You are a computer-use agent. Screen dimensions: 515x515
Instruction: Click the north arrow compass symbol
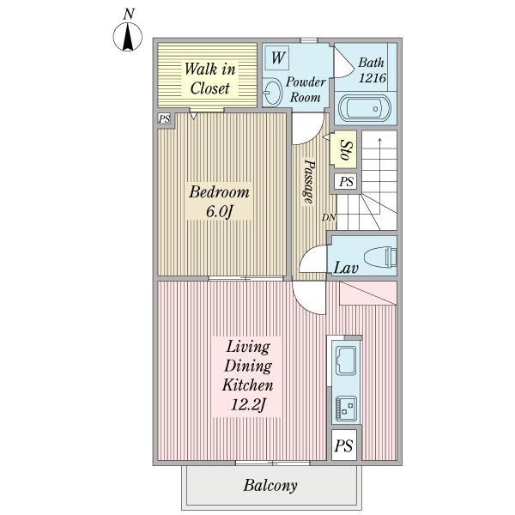pos(128,36)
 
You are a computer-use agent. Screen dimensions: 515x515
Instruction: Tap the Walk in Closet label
pos(210,79)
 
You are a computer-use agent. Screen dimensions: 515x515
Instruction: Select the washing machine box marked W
pos(277,58)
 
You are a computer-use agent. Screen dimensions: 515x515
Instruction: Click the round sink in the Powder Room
pos(273,92)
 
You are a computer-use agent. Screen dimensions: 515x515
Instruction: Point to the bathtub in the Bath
pos(364,108)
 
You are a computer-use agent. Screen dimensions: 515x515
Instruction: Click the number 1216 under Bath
pos(373,78)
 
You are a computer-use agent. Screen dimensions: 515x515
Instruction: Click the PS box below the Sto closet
pos(346,181)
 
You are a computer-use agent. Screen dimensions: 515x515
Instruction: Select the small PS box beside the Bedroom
pos(164,118)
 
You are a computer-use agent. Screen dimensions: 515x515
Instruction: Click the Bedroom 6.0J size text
pos(219,212)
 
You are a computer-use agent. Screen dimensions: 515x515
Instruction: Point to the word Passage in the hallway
pos(309,181)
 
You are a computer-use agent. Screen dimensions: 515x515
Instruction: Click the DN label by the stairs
pos(329,217)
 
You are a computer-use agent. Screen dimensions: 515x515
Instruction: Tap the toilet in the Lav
pos(380,257)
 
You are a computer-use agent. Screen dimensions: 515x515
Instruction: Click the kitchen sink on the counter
pos(346,360)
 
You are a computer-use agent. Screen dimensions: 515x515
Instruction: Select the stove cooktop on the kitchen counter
pos(346,408)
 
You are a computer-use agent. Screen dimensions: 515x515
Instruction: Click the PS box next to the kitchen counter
pos(344,445)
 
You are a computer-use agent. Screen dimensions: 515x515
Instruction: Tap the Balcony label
pos(270,486)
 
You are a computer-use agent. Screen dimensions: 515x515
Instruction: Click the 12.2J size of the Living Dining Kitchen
pos(248,404)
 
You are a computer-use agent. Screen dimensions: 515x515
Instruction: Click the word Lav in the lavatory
pos(346,268)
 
